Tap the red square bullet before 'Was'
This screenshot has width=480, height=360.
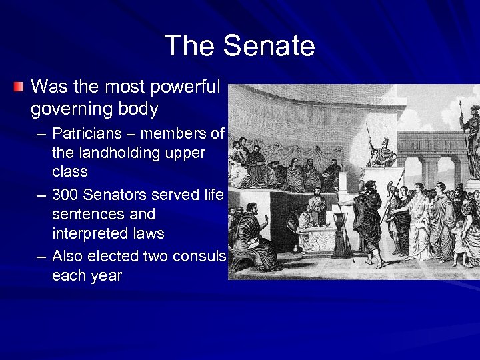click(x=19, y=87)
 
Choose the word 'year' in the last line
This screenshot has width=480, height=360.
click(x=106, y=275)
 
